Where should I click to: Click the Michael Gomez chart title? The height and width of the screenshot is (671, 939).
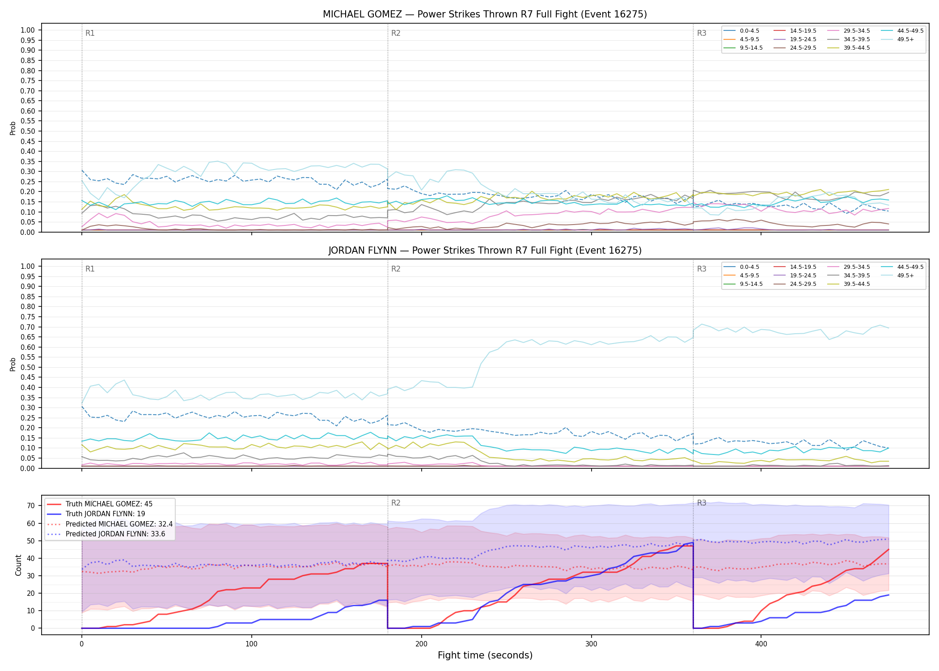[485, 14]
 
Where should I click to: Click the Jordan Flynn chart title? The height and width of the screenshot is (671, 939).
[485, 251]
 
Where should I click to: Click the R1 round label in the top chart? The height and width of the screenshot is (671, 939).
[90, 33]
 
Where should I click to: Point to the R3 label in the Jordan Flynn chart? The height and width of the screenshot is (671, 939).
[702, 269]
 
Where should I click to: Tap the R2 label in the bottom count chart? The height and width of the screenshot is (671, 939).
[396, 503]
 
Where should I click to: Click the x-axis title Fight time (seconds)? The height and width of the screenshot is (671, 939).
[485, 655]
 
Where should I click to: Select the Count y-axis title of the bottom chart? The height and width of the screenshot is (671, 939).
[18, 565]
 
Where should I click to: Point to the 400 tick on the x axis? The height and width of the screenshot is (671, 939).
[761, 644]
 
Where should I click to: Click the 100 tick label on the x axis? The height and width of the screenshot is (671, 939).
[251, 644]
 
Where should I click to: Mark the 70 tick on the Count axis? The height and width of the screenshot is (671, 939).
[31, 506]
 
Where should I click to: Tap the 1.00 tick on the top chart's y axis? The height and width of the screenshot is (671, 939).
[28, 30]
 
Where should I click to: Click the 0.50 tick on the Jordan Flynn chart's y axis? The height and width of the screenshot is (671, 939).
[28, 367]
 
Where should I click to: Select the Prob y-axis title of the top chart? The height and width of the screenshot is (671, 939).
[13, 128]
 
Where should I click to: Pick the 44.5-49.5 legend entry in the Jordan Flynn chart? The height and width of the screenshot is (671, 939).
[902, 267]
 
